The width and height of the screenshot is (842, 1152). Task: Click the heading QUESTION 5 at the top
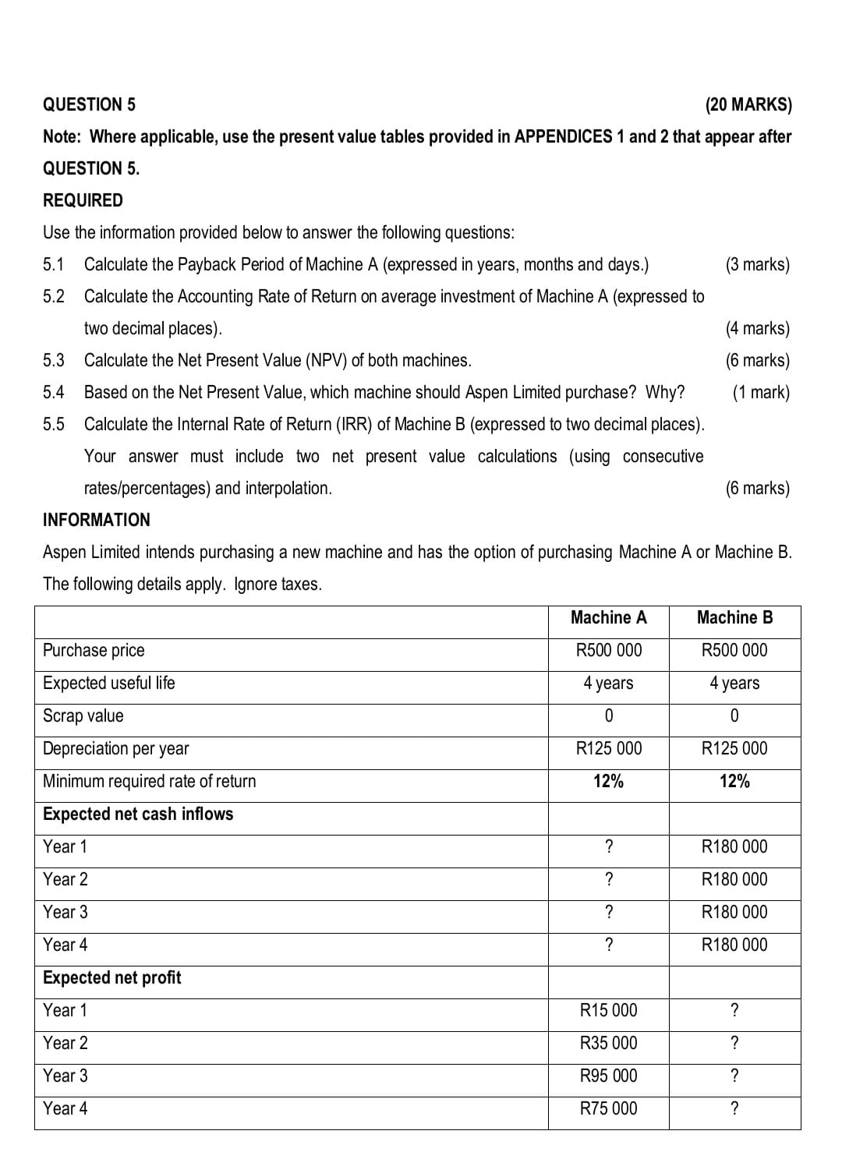(x=89, y=104)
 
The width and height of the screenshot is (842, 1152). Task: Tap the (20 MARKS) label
(x=748, y=104)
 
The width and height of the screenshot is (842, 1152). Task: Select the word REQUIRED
(x=83, y=200)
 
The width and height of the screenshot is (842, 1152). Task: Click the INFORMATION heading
(x=97, y=520)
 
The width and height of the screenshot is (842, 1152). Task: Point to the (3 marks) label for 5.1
(x=757, y=264)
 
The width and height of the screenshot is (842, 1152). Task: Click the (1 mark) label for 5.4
(x=760, y=392)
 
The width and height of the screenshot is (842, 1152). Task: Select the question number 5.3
(x=54, y=360)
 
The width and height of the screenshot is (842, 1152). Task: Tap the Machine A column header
(x=608, y=617)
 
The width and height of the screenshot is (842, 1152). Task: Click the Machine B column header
(x=734, y=617)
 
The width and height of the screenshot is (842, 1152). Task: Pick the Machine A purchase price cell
(x=608, y=650)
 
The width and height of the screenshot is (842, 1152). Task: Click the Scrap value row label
(x=83, y=716)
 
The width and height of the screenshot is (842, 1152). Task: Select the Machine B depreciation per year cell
(x=734, y=748)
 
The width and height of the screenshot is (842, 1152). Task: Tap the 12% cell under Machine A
(x=608, y=781)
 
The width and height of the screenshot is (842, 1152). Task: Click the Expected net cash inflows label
(x=138, y=814)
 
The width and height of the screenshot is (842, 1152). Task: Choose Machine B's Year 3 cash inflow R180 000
(x=734, y=912)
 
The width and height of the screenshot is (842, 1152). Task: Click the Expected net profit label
(x=111, y=977)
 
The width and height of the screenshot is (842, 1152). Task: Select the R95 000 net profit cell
(x=608, y=1076)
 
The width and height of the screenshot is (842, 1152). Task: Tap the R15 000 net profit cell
(x=608, y=1010)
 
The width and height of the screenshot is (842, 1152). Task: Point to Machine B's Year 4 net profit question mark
(x=734, y=1108)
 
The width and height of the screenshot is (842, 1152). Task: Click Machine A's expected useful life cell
(x=608, y=683)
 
